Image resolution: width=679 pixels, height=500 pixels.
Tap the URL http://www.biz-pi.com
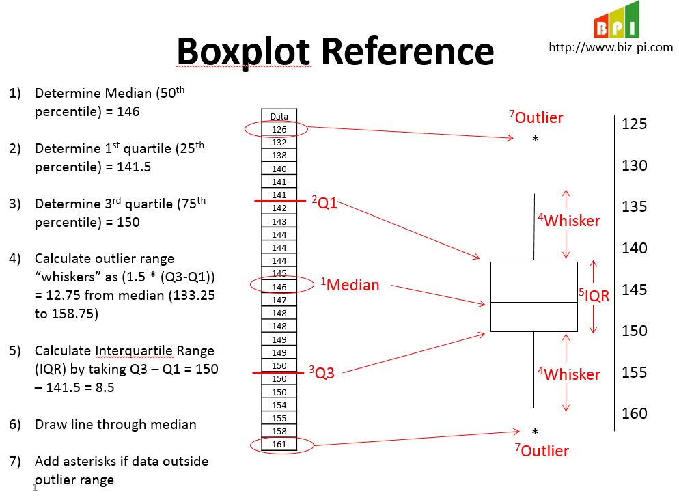point(611,47)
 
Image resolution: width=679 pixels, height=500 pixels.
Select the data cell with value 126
point(279,129)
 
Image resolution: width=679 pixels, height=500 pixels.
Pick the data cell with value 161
point(279,445)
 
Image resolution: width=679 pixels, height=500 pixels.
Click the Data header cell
point(279,116)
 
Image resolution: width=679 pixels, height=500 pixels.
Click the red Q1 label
point(325,202)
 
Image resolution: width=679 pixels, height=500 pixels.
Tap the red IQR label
point(594,296)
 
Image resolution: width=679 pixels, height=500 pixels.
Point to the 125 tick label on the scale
point(634,124)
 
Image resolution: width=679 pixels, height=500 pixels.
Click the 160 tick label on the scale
point(634,414)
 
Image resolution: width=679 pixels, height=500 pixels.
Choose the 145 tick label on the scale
point(634,290)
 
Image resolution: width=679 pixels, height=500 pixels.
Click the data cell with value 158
point(279,432)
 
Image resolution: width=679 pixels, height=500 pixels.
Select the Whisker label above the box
point(569,221)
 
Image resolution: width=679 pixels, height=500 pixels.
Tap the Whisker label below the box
point(569,374)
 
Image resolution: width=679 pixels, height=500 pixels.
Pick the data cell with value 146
point(279,287)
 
